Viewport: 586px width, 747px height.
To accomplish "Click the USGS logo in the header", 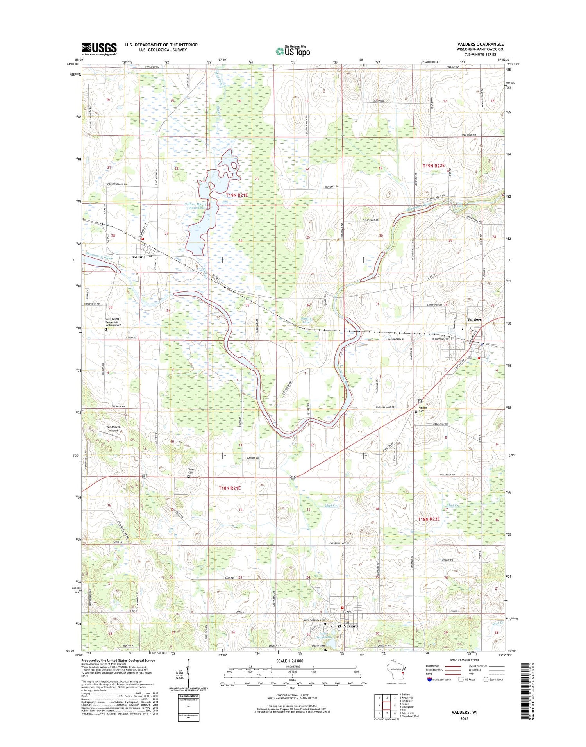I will click(x=99, y=49).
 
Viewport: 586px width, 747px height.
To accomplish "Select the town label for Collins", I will click(x=139, y=257).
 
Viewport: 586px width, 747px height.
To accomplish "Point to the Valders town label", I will click(x=474, y=320).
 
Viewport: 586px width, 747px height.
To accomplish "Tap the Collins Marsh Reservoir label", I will click(x=195, y=206).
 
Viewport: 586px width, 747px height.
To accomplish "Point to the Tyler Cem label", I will click(x=191, y=471).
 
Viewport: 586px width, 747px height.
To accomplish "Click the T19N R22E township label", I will click(x=434, y=166).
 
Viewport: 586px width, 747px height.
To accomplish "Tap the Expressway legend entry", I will click(x=434, y=666).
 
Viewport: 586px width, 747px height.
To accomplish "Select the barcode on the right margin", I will click(x=527, y=691).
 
